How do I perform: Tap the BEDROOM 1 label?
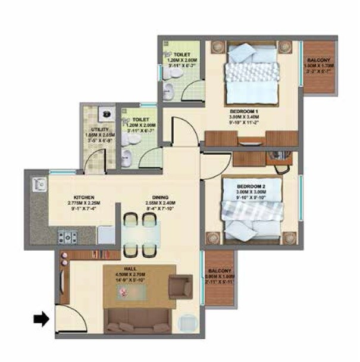point(244,111)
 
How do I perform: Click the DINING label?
point(160,197)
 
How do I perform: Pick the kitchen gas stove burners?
point(67,238)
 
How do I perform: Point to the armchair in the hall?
point(180,286)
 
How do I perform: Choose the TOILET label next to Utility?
point(140,120)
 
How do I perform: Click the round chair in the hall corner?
point(187,322)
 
